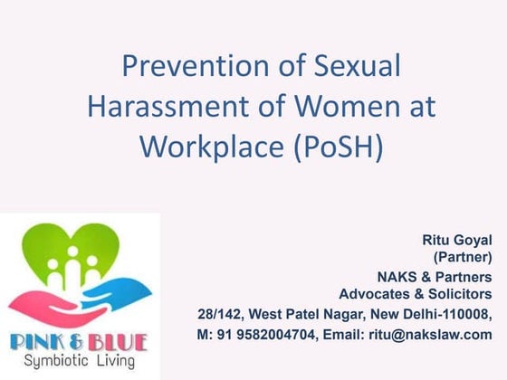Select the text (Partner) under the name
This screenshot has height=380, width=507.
click(x=465, y=257)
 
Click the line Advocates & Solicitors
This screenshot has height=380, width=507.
click(x=416, y=294)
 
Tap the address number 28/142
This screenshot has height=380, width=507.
click(x=217, y=314)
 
